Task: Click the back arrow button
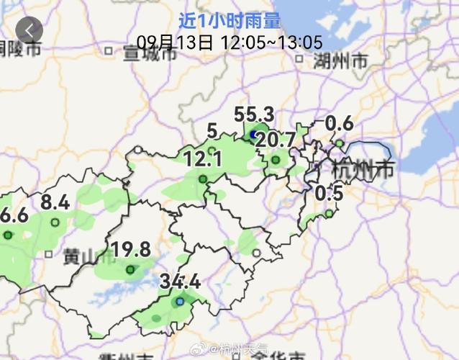click(x=29, y=30)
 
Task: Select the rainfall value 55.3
click(x=254, y=114)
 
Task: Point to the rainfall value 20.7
click(x=276, y=140)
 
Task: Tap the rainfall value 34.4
click(x=180, y=280)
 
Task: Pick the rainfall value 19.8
click(x=131, y=250)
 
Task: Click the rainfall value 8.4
click(x=55, y=203)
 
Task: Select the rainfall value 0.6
click(x=339, y=123)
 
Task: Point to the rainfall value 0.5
click(x=329, y=194)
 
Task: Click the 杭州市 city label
click(x=363, y=171)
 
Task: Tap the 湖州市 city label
click(x=340, y=62)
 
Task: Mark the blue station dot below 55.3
click(x=253, y=135)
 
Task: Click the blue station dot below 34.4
click(x=179, y=302)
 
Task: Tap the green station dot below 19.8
click(x=130, y=270)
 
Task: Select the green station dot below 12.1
click(x=203, y=179)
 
